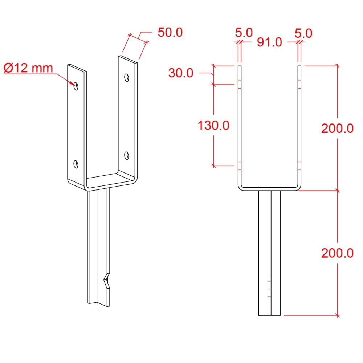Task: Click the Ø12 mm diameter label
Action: pos(28,68)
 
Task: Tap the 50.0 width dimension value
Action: pos(170,32)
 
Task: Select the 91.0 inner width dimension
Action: pos(269,42)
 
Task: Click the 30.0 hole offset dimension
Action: pos(181,73)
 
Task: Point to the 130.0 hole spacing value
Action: pos(213,126)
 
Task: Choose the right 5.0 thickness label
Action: pos(303,33)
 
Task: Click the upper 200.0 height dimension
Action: pos(337,128)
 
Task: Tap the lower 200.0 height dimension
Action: pos(337,253)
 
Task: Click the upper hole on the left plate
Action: pos(76,86)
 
